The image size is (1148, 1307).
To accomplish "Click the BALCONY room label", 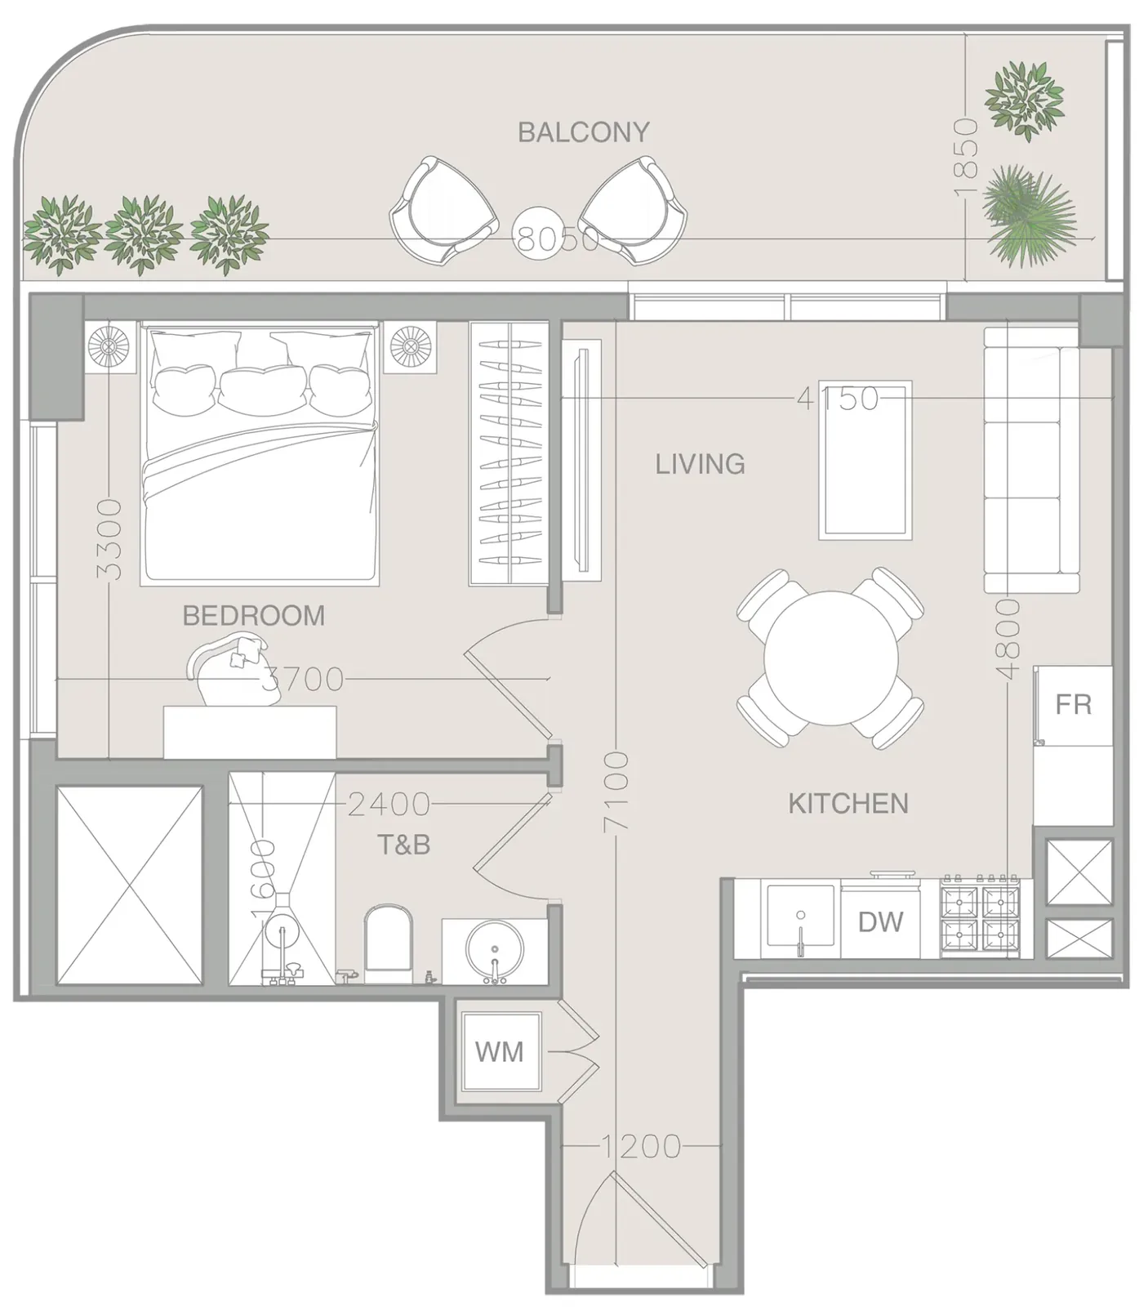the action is tap(584, 132).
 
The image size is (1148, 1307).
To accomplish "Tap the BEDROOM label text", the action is tap(253, 615).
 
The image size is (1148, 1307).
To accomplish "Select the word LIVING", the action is tap(701, 464).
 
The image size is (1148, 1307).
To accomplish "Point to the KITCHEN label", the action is tap(848, 804).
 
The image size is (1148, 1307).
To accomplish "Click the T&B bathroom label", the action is tap(403, 844).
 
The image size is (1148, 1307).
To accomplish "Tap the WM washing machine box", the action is tap(500, 1051).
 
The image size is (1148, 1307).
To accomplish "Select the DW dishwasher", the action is tap(880, 922).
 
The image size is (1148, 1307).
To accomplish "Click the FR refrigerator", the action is tap(1073, 705).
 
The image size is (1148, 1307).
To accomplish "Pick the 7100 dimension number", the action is tap(617, 792).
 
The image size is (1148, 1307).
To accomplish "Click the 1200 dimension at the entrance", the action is tap(640, 1146).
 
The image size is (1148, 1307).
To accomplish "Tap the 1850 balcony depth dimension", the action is tap(966, 157).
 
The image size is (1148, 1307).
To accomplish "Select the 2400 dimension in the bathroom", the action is tap(389, 805).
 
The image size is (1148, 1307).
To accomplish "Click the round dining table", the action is tap(831, 658).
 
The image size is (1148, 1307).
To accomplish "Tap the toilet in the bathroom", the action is tap(389, 943).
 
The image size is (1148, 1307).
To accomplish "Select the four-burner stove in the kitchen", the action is tap(981, 919).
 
